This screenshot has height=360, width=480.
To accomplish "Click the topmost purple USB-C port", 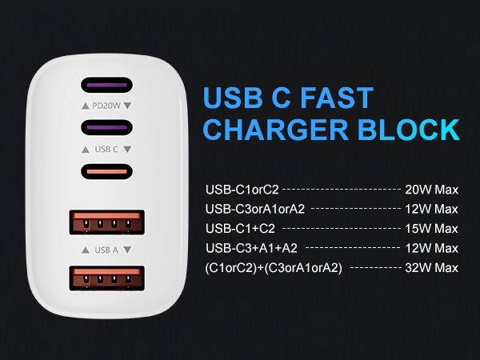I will (x=106, y=85).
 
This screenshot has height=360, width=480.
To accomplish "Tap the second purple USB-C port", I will (x=106, y=127).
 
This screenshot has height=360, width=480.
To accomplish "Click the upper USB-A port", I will (x=106, y=223).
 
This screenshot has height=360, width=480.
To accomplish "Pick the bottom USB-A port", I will (x=106, y=280).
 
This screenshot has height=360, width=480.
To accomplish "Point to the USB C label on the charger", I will (x=106, y=149).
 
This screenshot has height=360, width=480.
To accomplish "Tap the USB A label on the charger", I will (x=106, y=250).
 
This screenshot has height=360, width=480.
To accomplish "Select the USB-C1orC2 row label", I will (x=242, y=190).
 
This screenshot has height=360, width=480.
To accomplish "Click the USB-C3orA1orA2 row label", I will (x=257, y=210).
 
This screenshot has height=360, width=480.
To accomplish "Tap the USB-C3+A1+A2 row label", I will (x=252, y=248).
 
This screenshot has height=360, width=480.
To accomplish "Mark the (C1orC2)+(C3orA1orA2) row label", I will (x=274, y=267).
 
